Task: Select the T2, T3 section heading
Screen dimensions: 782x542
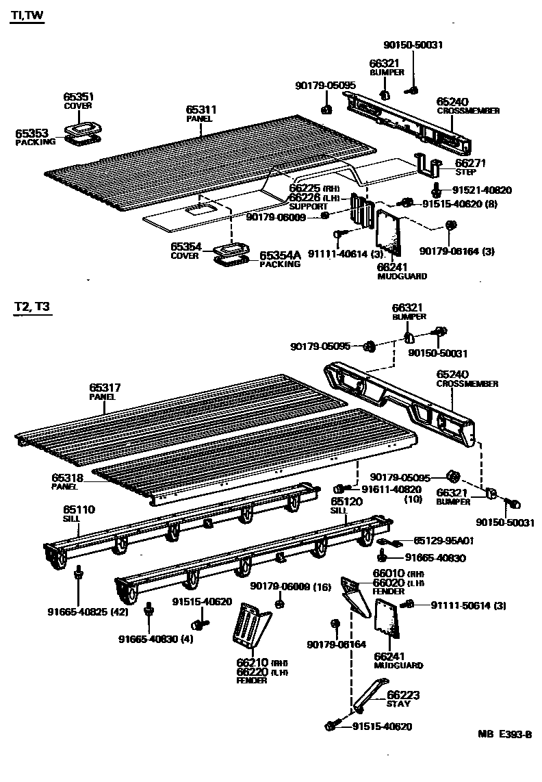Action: pos(31,308)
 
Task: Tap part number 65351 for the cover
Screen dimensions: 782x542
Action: pos(79,97)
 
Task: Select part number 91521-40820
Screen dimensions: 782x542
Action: pos(482,190)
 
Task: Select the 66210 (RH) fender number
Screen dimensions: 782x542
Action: pos(253,662)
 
